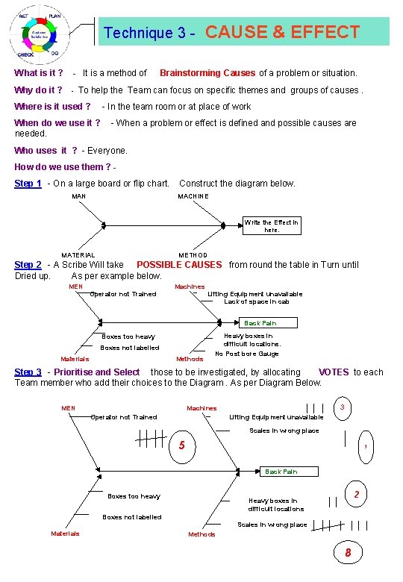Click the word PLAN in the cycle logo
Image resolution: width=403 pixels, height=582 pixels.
pyautogui.click(x=55, y=16)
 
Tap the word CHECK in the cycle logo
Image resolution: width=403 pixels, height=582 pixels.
pyautogui.click(x=25, y=54)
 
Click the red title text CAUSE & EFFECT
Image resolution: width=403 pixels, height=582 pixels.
pyautogui.click(x=282, y=32)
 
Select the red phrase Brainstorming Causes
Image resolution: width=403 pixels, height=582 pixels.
pyautogui.click(x=207, y=73)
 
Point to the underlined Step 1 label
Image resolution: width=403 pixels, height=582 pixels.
pyautogui.click(x=28, y=184)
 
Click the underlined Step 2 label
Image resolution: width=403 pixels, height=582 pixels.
pyautogui.click(x=28, y=265)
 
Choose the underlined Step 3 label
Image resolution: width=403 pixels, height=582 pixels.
pyautogui.click(x=28, y=372)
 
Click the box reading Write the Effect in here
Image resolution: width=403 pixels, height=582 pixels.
pyautogui.click(x=272, y=226)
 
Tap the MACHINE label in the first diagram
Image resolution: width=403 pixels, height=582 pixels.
pyautogui.click(x=193, y=196)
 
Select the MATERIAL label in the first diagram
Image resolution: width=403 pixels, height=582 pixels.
pyautogui.click(x=78, y=255)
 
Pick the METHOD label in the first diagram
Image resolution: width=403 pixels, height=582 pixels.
pyautogui.click(x=193, y=255)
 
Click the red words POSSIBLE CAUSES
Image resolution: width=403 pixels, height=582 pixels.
pyautogui.click(x=179, y=265)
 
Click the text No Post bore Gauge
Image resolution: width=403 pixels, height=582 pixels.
pyautogui.click(x=247, y=354)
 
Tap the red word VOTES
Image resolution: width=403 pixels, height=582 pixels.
pyautogui.click(x=333, y=372)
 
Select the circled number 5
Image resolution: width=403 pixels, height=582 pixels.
pyautogui.click(x=181, y=446)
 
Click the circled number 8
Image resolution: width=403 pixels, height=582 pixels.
pyautogui.click(x=347, y=553)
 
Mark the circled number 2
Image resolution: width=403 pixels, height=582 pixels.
pyautogui.click(x=357, y=495)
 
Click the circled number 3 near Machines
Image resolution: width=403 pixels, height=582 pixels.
pyautogui.click(x=342, y=407)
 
